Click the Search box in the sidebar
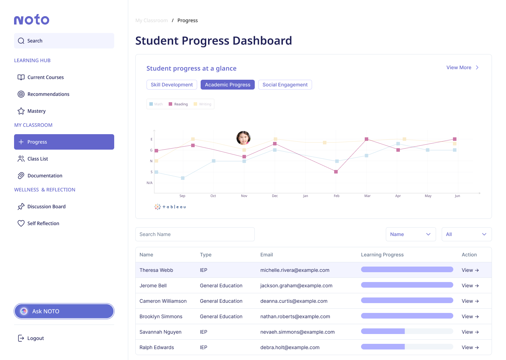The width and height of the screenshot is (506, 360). pos(64,41)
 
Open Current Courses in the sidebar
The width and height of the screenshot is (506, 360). pos(46,77)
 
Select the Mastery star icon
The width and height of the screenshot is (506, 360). pos(21,111)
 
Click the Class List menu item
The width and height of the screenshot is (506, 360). pos(38,159)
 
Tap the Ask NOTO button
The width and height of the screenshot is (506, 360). pos(64,311)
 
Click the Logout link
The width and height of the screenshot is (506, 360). pos(35,338)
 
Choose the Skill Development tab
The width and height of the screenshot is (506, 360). pos(171,85)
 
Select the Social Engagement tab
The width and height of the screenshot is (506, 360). pos(285,85)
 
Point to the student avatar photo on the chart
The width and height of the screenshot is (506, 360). pos(243,138)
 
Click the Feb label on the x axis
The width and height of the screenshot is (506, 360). pos(336,196)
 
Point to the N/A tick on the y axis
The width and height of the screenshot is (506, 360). pos(150,183)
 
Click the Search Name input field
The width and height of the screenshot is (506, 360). pos(195,234)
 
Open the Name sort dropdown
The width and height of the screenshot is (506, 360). pos(410,234)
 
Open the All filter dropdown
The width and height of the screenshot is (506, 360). pos(466,234)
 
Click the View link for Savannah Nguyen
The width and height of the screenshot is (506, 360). pos(470,332)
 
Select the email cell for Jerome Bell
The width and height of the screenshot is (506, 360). pos(296,286)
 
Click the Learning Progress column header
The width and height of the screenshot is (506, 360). pos(382,255)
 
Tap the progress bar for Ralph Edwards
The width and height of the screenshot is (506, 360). pos(407,347)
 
